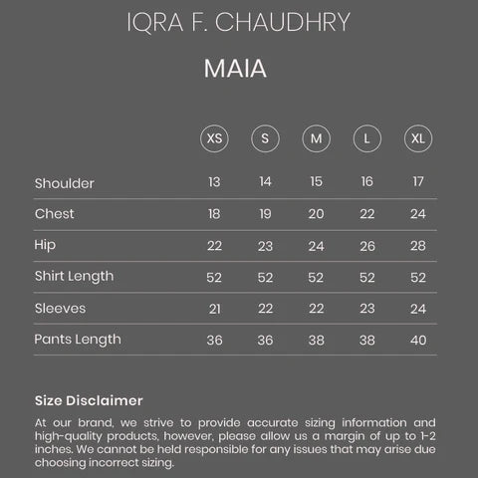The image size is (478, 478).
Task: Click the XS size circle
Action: [x=214, y=137]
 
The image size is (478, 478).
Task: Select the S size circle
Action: [x=265, y=137]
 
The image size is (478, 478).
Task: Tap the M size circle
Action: [x=316, y=137]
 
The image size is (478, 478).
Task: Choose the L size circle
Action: [x=366, y=137]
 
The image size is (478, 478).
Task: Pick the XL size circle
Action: [x=417, y=137]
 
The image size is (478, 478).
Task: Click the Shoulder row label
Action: [x=64, y=183]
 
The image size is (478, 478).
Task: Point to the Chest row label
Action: [x=54, y=214]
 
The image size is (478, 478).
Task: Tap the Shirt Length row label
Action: [x=74, y=276]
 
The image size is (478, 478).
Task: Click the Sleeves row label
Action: [x=60, y=308]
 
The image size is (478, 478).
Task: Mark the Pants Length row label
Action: [x=78, y=340]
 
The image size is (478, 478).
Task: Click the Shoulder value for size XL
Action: [x=418, y=182]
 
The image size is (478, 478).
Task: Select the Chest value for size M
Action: [x=316, y=214]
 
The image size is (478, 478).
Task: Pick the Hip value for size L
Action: [x=366, y=246]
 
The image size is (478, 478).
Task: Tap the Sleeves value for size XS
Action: [x=214, y=309]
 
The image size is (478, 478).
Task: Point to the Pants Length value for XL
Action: [x=418, y=340]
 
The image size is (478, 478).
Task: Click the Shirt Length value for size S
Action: [x=265, y=277]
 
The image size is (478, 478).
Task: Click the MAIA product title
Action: [x=239, y=70]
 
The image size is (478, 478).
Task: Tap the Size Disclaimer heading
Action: [x=89, y=400]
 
